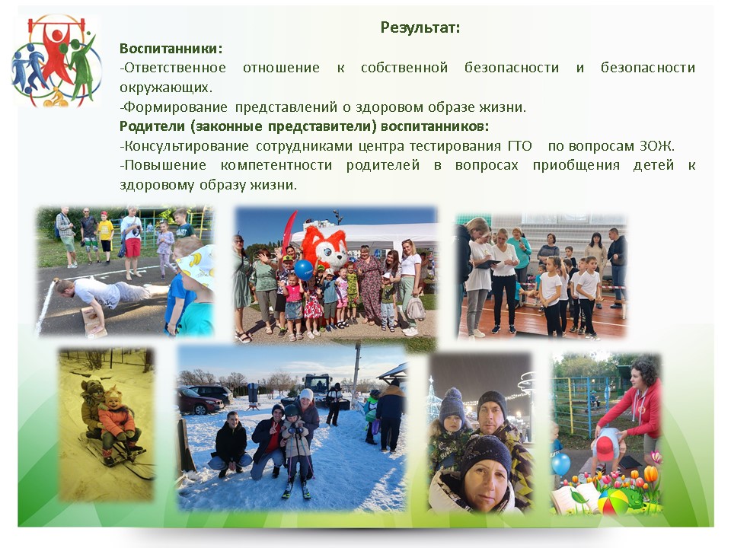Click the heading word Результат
point(420,27)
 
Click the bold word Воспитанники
point(170,49)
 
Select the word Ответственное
point(174,68)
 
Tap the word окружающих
point(165,88)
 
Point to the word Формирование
point(174,107)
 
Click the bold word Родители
point(152,126)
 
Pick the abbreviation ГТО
point(520,146)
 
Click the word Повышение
point(163,165)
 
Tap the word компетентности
point(276,165)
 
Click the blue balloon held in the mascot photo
point(304,270)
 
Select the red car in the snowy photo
point(198,402)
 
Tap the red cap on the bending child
point(605,448)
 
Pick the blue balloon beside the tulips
point(560,464)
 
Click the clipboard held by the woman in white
point(490,264)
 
